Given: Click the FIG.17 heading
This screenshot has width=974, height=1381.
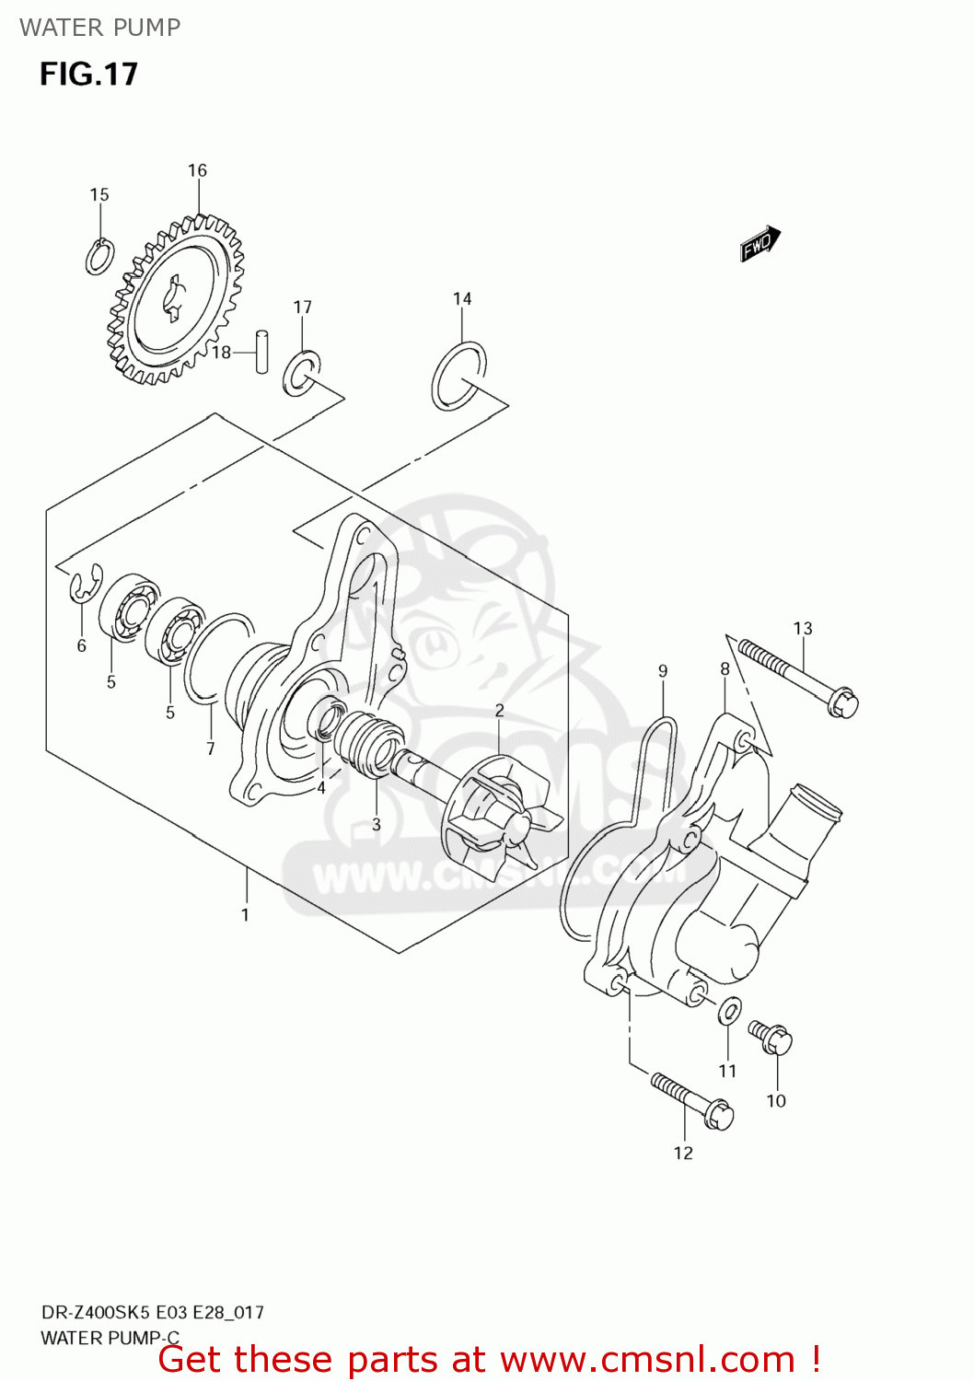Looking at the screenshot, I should click(88, 74).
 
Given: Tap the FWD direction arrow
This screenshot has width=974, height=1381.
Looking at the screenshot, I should click(760, 244).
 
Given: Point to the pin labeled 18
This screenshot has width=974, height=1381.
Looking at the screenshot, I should click(261, 352).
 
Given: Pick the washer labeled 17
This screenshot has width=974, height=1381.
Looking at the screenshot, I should click(301, 371).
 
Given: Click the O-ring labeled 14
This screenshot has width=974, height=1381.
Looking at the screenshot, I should click(458, 376).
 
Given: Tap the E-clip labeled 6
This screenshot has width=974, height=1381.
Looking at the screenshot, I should click(85, 586).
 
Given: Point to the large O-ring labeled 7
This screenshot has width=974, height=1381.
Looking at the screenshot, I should click(217, 657).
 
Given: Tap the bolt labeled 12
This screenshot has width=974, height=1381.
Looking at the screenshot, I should click(691, 1100).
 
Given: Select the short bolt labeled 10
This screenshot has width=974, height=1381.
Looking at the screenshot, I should click(771, 1037).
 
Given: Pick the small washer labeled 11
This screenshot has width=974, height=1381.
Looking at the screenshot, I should click(728, 1010).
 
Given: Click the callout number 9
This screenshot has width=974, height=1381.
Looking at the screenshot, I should click(663, 671).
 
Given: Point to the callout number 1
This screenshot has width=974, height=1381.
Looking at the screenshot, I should click(245, 914).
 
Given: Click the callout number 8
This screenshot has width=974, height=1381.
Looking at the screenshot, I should click(725, 669).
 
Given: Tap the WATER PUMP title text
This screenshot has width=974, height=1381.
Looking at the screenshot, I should click(99, 28).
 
